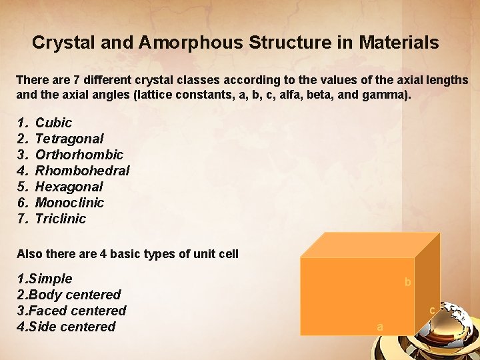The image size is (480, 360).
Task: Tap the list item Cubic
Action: (x=53, y=123)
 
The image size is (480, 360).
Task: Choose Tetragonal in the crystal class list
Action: (x=69, y=139)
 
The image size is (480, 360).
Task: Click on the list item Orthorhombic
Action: (x=79, y=155)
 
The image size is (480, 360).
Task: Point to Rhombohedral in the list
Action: (x=82, y=171)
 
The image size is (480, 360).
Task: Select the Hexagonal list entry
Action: (x=69, y=187)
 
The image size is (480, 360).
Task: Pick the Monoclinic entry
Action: (x=69, y=203)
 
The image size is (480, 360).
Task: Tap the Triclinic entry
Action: (x=61, y=219)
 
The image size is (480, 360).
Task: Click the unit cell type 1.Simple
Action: (x=44, y=279)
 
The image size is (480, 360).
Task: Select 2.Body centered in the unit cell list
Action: (x=69, y=295)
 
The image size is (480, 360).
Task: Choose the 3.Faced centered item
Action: (x=71, y=311)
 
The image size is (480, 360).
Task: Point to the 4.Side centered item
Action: (x=66, y=327)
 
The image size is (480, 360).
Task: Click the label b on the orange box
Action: (x=407, y=283)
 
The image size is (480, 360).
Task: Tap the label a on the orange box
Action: (x=380, y=327)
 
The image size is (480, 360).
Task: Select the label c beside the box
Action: (x=432, y=310)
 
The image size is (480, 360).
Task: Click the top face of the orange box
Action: (x=371, y=245)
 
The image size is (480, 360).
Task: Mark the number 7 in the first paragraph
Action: (x=69, y=80)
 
